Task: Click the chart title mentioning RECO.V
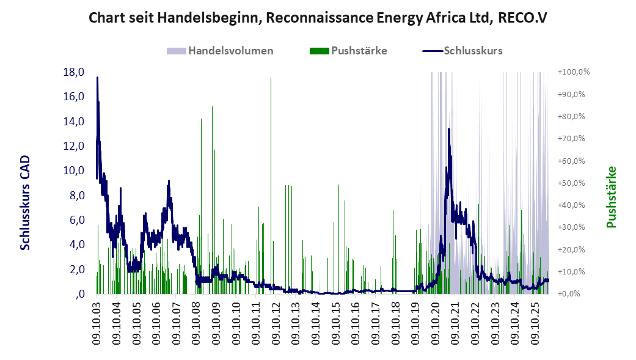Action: point(318,18)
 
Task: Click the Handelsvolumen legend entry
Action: point(220,51)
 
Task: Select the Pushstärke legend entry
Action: point(348,51)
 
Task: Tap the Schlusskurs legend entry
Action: point(462,51)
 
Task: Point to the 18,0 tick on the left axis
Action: point(73,72)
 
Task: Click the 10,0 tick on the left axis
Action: point(73,171)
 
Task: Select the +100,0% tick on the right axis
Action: point(574,72)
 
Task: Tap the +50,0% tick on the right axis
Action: point(571,183)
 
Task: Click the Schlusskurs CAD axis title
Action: point(25,202)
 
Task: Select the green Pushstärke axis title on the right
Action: point(612,197)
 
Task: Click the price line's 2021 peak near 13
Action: point(448,129)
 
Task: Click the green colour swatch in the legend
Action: point(319,51)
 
